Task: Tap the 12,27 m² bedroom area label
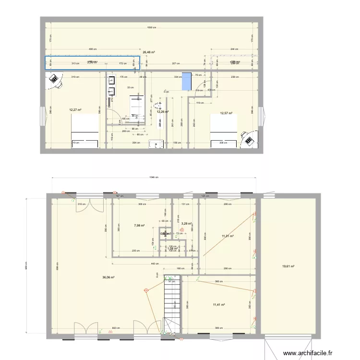75,109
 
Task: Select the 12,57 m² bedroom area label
226,113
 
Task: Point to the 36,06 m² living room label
108,277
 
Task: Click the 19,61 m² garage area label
288,266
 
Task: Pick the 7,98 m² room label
140,225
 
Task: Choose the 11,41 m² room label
219,304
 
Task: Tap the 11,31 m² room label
227,236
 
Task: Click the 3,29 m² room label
187,223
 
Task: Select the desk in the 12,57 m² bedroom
249,139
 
